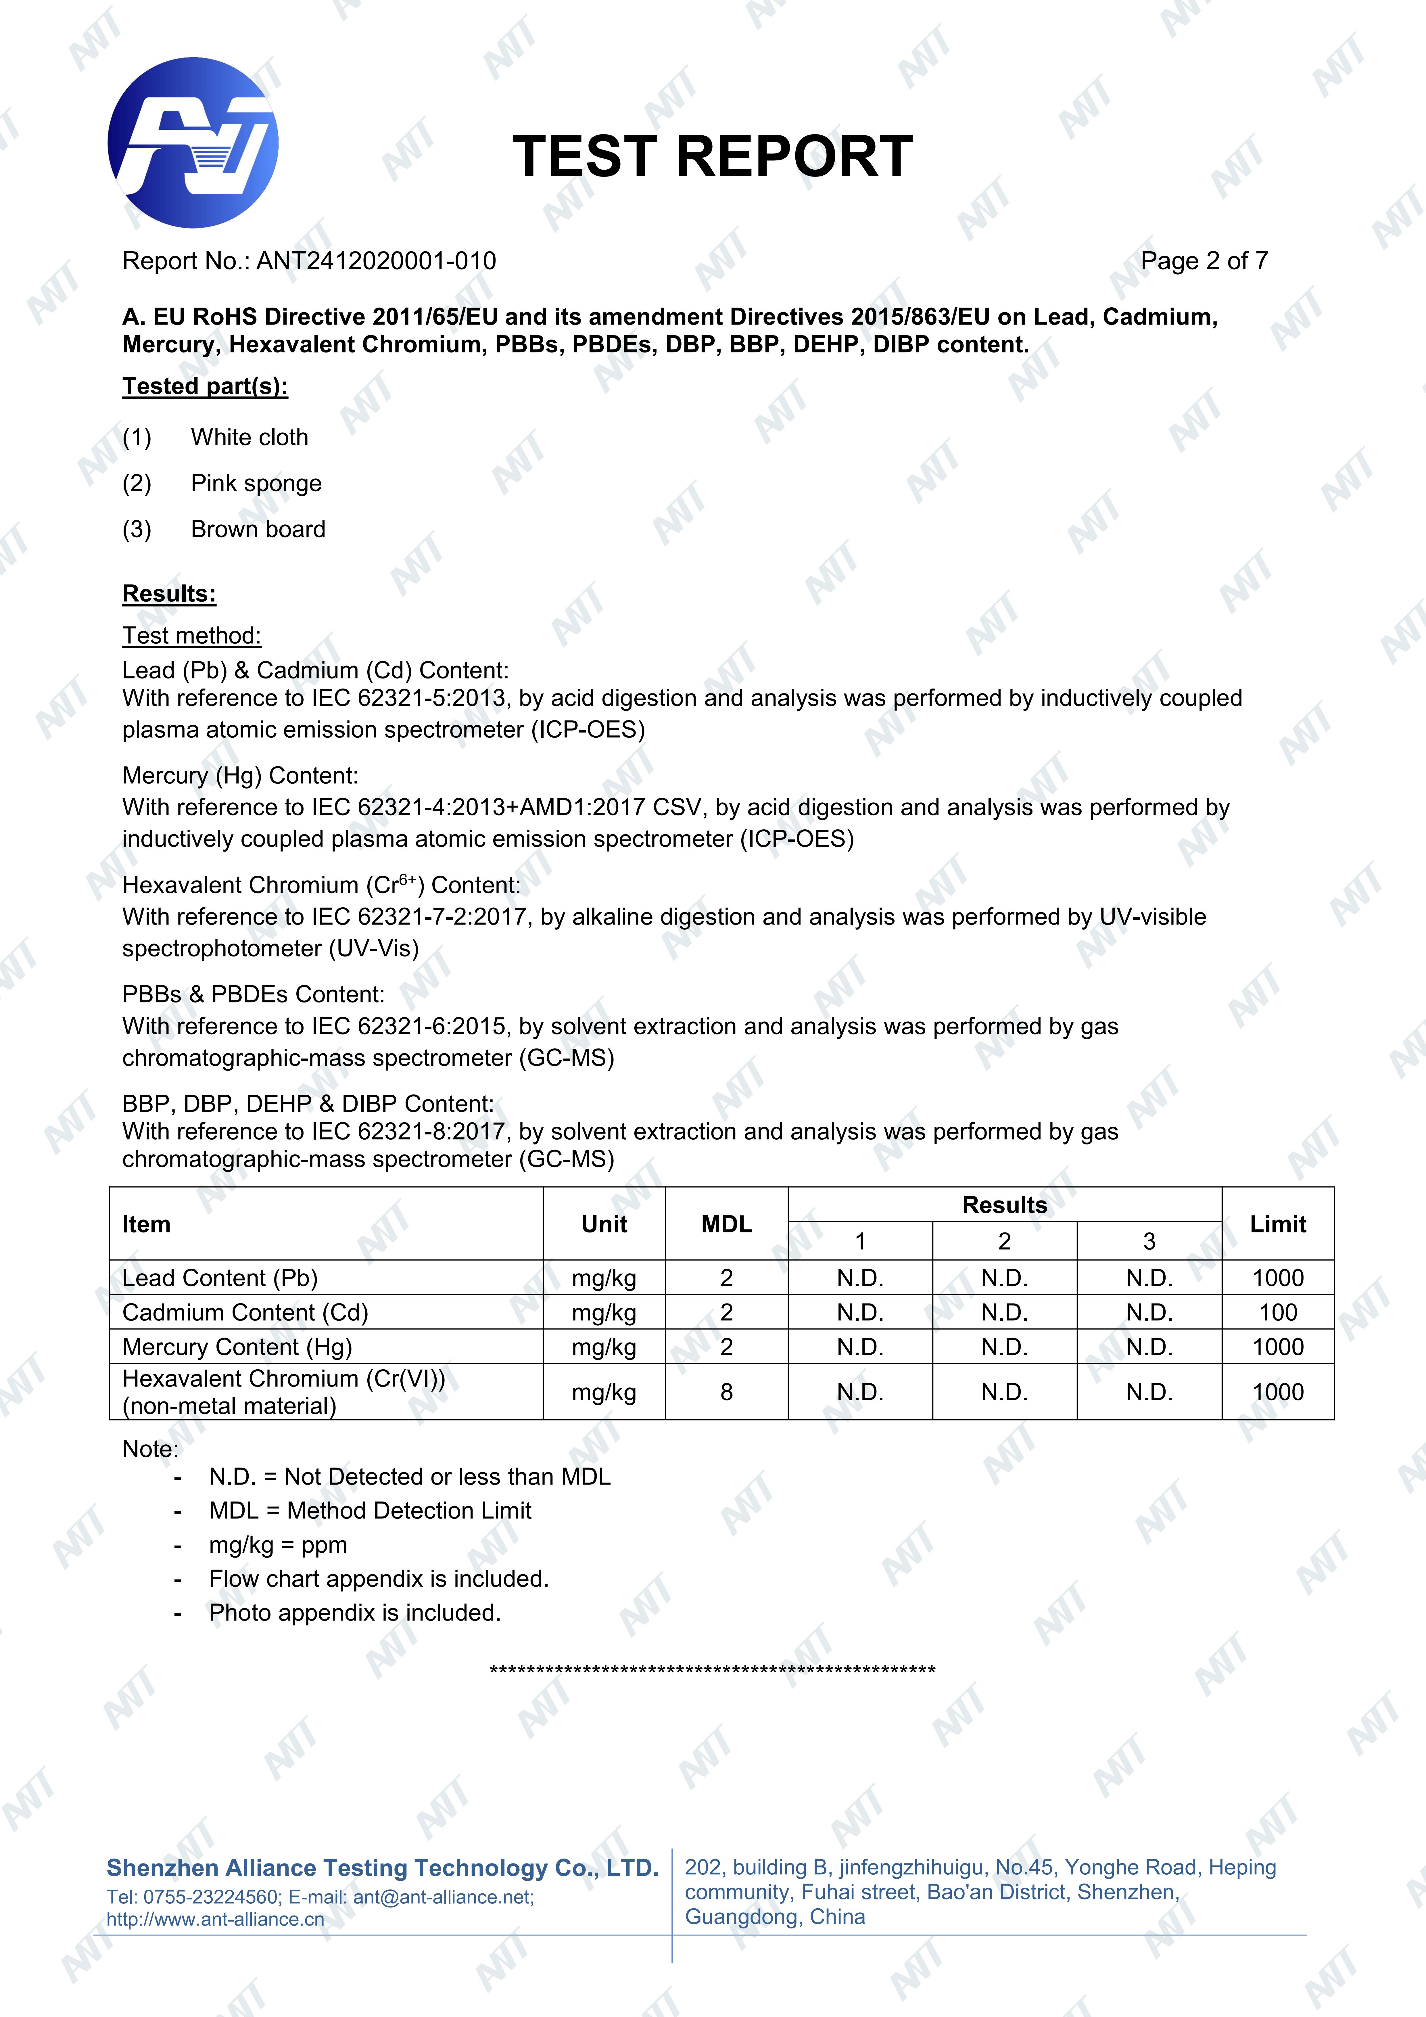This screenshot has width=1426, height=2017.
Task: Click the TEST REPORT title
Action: tap(713, 156)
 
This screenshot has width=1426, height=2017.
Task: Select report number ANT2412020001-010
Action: tap(376, 261)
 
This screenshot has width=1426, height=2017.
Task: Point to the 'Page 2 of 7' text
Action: tap(1204, 261)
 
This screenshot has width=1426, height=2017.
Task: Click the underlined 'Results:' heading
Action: tap(169, 594)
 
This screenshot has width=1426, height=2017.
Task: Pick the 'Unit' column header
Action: tap(604, 1224)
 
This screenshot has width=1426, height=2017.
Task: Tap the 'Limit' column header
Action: tap(1277, 1224)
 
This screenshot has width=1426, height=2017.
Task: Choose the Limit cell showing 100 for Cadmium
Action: tap(1277, 1312)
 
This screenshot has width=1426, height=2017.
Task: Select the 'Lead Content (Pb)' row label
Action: tap(220, 1278)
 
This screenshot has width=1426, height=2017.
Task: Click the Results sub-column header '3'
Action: tap(1148, 1241)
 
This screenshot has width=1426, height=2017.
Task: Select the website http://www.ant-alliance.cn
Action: tap(215, 1920)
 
